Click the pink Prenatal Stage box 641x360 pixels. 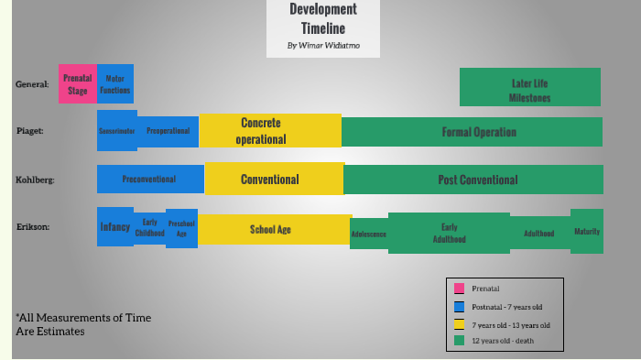(77, 84)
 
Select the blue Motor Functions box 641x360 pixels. (115, 84)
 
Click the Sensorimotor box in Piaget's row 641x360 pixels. (117, 131)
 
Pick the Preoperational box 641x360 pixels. (168, 131)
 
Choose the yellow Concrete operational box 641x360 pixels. (270, 131)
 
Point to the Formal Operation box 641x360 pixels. (472, 132)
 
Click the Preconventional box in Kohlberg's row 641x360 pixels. (150, 180)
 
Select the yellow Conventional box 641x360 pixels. (273, 180)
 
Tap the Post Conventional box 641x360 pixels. (473, 180)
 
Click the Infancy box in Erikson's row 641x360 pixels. (114, 226)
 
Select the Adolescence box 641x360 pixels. (369, 235)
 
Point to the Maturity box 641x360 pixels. (587, 231)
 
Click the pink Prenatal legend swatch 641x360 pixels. (459, 289)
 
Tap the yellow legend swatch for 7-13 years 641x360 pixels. (459, 324)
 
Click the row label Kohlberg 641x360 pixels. (36, 180)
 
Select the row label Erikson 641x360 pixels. (33, 225)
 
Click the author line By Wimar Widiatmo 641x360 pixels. (322, 46)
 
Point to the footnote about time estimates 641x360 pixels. (82, 324)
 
